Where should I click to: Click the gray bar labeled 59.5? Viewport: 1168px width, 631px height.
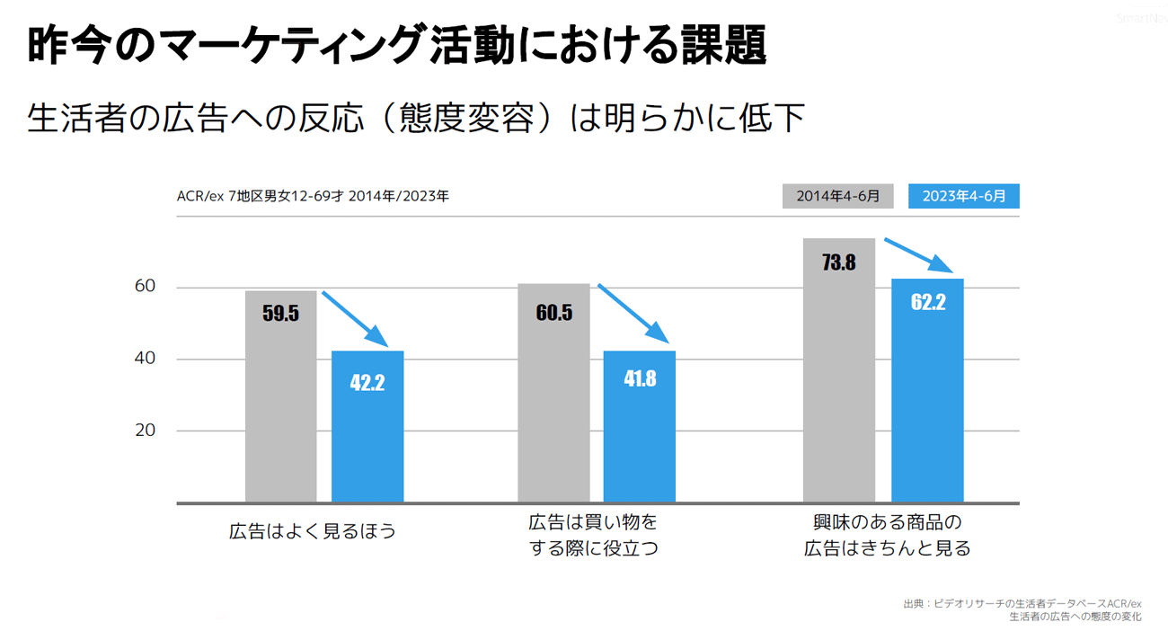point(280,395)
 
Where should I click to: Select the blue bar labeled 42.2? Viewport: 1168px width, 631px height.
point(367,427)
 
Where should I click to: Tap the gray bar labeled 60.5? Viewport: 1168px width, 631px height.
point(553,393)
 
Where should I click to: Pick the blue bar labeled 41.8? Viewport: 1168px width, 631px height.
point(639,427)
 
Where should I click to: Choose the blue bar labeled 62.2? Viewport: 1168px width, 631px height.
point(927,391)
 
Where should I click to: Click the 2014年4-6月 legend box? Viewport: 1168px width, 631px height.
point(837,196)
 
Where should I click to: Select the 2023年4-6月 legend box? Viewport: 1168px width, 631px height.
point(963,196)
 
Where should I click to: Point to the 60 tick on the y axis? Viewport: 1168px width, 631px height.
point(145,287)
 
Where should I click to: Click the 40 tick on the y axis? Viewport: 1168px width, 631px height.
point(145,359)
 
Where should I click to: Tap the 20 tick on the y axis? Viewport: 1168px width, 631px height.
point(145,431)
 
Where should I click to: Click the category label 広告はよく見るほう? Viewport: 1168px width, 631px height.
point(313,531)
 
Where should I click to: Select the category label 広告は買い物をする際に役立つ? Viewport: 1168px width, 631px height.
point(593,535)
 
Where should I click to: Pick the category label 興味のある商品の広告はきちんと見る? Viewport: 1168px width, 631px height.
point(887,535)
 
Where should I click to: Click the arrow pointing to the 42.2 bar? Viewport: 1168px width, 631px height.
point(356,319)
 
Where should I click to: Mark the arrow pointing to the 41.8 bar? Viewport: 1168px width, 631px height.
point(633,314)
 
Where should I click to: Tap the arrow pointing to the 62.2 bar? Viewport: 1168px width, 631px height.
point(919,255)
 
